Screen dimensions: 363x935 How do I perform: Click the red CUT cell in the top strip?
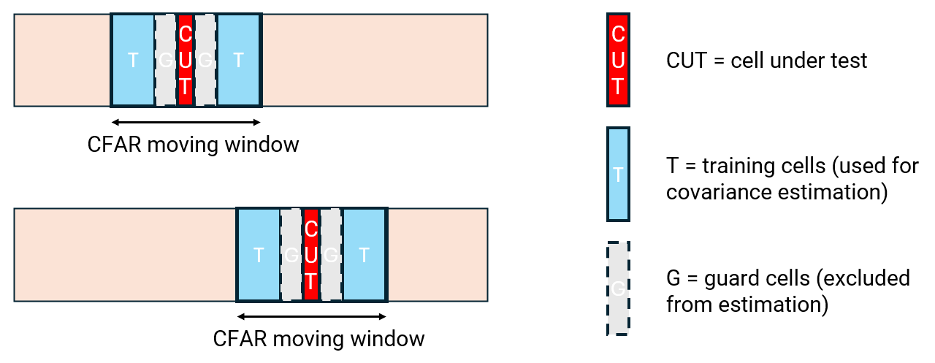[x=186, y=60]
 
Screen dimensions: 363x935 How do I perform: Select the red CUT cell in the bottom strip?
[x=311, y=255]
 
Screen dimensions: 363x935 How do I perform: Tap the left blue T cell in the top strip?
[x=133, y=60]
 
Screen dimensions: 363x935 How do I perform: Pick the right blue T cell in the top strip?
[x=238, y=60]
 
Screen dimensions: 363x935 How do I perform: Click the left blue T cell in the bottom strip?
[x=259, y=255]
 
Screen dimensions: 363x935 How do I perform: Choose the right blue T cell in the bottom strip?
[x=364, y=255]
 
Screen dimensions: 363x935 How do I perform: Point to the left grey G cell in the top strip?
[x=166, y=60]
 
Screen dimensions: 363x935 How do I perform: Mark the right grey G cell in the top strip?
[x=205, y=60]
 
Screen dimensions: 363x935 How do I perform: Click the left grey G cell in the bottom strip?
[x=291, y=255]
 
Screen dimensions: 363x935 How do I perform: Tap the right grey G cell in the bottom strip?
[x=331, y=255]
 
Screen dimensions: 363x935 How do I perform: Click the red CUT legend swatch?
[x=618, y=60]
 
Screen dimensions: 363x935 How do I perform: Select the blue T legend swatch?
[x=618, y=175]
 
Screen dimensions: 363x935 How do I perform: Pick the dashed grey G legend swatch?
[x=618, y=289]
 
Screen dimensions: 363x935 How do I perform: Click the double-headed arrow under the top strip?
[x=186, y=122]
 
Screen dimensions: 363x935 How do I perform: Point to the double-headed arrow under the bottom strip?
[x=312, y=317]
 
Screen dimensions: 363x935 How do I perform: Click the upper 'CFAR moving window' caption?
[x=193, y=144]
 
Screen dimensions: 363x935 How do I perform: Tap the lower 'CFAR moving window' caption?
[x=318, y=339]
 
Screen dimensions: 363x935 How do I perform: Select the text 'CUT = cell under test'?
[x=766, y=60]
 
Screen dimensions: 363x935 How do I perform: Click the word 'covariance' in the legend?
[x=719, y=193]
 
